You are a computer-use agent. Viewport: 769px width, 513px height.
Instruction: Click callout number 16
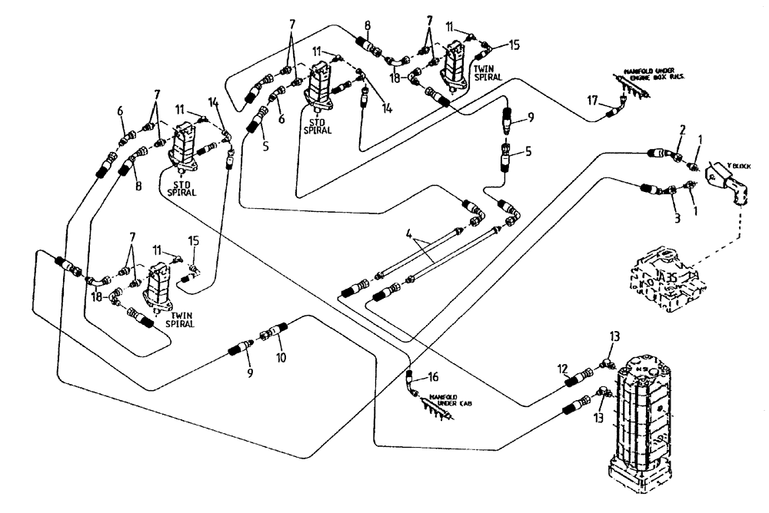pyautogui.click(x=434, y=377)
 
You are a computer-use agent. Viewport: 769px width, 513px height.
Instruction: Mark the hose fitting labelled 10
pyautogui.click(x=271, y=335)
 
